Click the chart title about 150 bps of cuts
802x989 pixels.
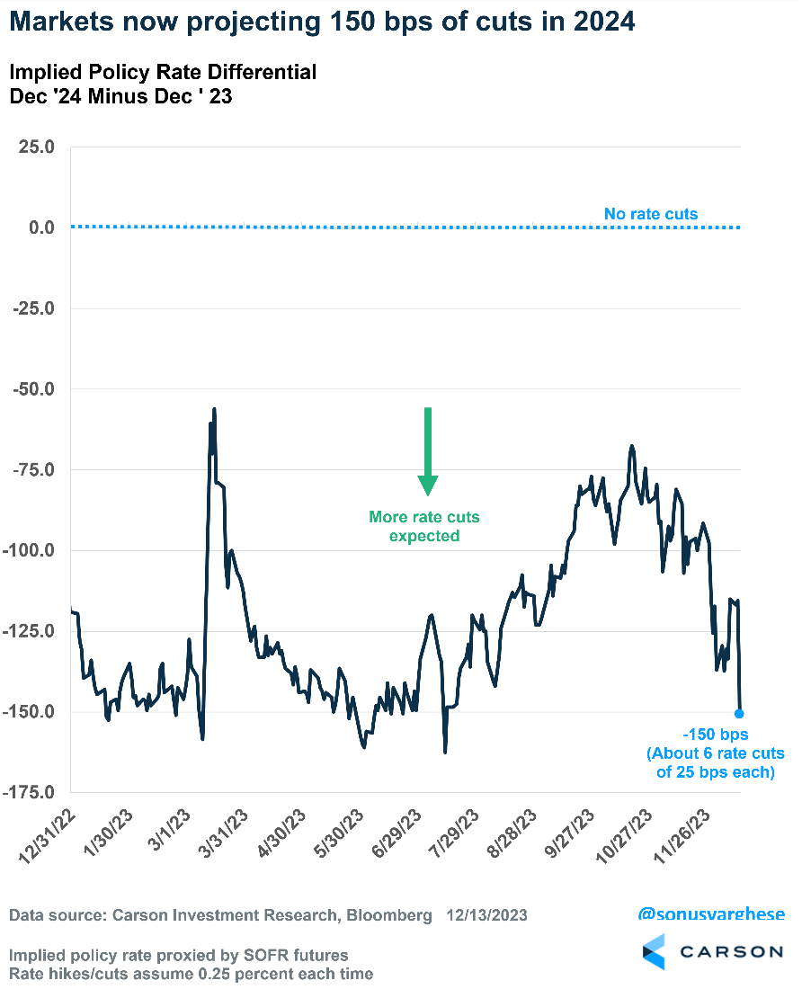324,22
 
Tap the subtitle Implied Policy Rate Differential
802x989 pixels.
163,72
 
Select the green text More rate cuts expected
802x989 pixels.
424,526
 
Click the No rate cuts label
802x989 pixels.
651,214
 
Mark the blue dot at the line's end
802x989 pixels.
739,713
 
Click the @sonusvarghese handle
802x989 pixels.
710,914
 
